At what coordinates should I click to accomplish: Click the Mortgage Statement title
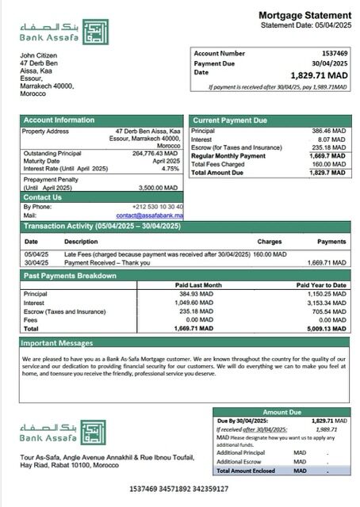[x=304, y=15]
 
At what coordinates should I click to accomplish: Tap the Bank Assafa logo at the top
[x=64, y=31]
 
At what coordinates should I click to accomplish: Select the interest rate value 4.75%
[x=170, y=168]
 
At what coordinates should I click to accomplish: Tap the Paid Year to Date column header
[x=322, y=284]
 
